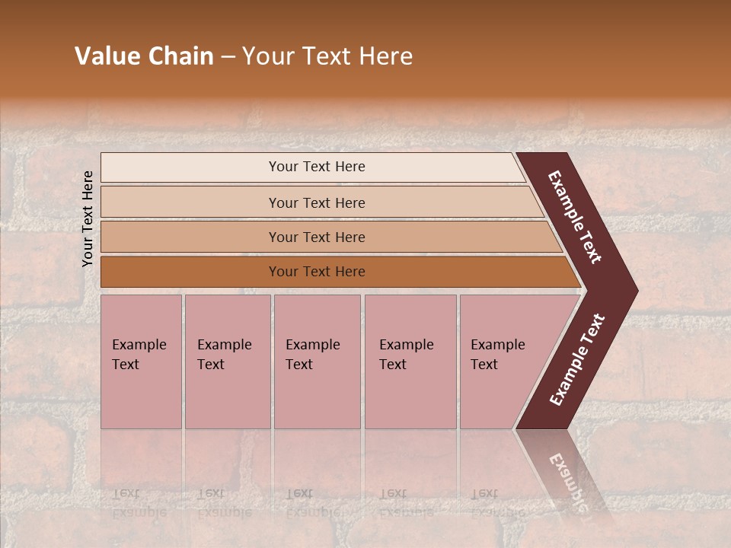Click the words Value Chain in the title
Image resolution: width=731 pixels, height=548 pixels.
point(144,56)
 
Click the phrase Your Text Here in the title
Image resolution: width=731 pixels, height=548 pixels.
point(327,56)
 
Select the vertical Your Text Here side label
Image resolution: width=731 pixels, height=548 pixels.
point(88,218)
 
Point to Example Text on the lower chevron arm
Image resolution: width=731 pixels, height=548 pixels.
point(576,360)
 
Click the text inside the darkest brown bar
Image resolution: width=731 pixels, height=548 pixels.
point(317,272)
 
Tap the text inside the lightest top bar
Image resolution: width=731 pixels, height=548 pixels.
point(317,167)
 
